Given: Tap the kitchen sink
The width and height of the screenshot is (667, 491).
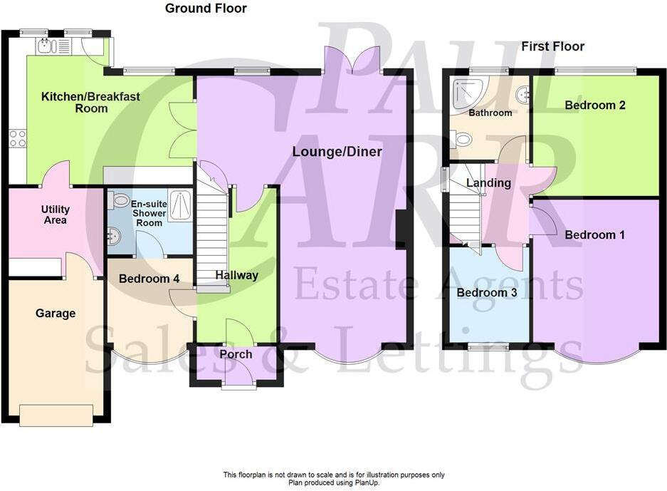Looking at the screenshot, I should click(46, 47).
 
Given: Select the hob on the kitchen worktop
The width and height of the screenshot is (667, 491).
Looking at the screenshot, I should click(17, 138).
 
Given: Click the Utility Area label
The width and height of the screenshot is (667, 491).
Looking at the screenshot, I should click(55, 215).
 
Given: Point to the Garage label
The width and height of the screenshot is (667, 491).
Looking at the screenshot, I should click(56, 314).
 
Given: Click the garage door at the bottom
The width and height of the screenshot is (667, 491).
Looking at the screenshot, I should click(56, 415).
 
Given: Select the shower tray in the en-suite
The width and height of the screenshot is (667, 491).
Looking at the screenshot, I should click(179, 205).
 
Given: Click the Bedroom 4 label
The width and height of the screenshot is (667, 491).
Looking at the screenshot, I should click(148, 279).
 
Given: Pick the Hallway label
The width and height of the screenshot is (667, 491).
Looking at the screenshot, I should click(236, 275).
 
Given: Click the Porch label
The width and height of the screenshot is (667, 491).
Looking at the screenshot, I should click(235, 354).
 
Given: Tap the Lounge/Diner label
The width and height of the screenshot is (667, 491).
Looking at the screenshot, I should click(337, 152).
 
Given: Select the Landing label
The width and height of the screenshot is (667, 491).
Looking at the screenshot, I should click(488, 183).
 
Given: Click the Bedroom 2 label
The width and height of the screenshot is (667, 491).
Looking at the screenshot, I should click(595, 105).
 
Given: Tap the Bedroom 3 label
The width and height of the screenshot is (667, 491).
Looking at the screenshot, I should click(487, 293).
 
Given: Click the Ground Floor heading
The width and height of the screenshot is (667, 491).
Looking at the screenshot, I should click(206, 9).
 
